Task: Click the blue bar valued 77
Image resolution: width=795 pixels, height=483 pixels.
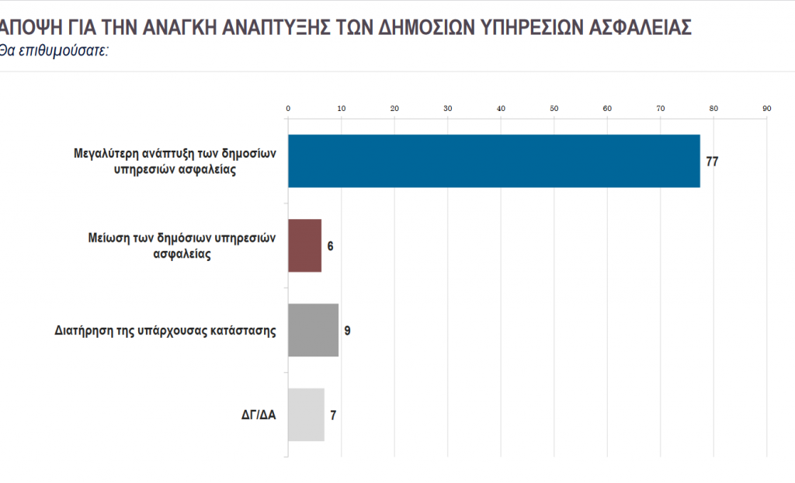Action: (494, 161)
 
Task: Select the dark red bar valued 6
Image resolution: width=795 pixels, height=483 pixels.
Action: (304, 245)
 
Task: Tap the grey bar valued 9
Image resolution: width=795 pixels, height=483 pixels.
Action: (313, 330)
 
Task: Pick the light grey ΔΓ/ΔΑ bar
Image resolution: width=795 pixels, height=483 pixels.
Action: (306, 415)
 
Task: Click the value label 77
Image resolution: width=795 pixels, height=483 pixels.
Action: (712, 162)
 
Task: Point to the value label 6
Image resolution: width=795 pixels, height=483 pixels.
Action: (330, 246)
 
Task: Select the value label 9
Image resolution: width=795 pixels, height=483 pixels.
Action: (347, 331)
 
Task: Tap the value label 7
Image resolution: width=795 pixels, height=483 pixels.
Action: (333, 415)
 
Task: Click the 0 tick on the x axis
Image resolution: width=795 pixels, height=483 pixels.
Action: (288, 108)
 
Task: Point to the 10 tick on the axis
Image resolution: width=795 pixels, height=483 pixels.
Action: (341, 108)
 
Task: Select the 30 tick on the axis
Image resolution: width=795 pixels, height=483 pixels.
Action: (447, 108)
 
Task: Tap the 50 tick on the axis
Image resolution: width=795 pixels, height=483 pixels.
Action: (554, 108)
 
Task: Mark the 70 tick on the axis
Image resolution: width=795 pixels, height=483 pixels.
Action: (660, 108)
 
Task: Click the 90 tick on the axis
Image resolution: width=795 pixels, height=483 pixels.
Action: (766, 108)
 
